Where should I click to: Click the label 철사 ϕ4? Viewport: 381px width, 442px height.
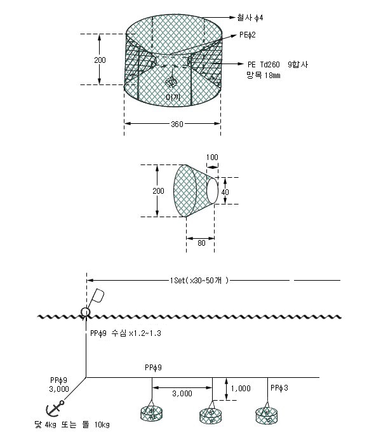coord(250,18)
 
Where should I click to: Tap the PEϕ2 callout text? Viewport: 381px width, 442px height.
coord(248,35)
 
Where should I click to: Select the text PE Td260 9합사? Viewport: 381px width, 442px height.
coord(278,65)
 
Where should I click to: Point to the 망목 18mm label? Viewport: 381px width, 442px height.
coord(263,76)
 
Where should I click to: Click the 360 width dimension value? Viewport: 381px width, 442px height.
coord(177,124)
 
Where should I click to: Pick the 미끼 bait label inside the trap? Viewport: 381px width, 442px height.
coord(173,97)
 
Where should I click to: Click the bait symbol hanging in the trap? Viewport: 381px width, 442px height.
coord(171,83)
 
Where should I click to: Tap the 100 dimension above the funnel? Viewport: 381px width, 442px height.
coord(212,157)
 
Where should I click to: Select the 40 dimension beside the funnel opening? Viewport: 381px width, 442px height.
coord(225,192)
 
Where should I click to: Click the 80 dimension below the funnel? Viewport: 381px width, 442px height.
coord(201,243)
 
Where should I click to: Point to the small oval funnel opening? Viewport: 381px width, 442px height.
coord(212,191)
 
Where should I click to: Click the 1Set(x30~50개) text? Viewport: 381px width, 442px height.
coord(199,281)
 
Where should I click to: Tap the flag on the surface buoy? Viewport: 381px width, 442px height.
coord(98,295)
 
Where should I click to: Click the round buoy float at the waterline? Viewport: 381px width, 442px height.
coord(85,312)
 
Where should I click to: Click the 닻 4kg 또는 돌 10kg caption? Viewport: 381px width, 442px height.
coord(72,425)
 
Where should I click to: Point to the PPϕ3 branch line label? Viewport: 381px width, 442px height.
coord(279,388)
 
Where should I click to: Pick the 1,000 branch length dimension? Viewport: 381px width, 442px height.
coord(241,389)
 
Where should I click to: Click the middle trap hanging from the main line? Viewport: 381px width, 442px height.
coord(211,415)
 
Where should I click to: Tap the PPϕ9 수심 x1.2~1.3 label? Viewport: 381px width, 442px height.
coord(126,333)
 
